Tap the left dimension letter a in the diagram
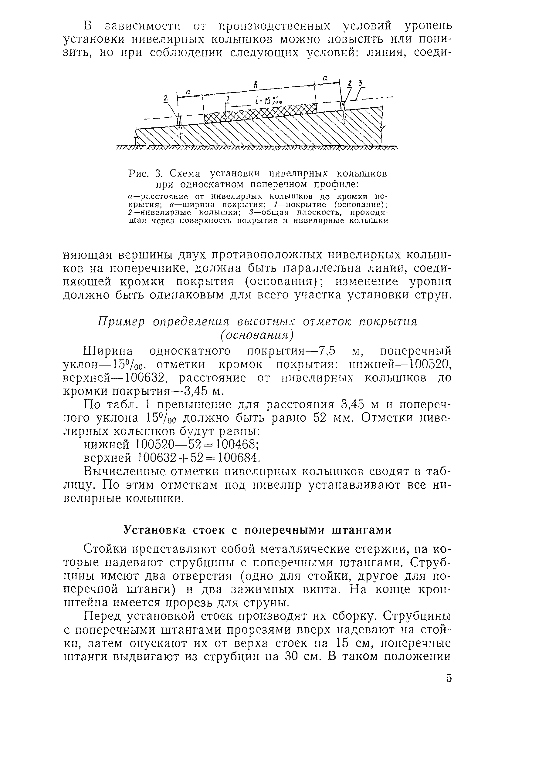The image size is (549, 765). point(189,91)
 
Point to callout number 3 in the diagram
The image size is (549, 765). point(361,83)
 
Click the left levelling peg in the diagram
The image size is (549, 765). point(180,120)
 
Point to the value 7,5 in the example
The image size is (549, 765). point(326,351)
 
